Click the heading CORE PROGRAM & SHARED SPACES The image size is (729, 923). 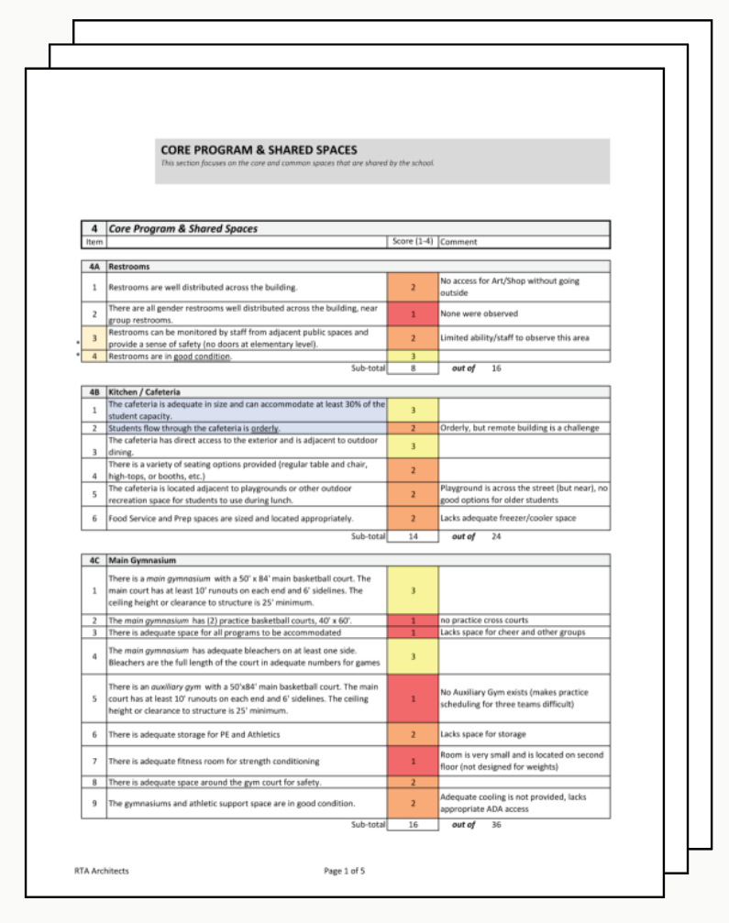(259, 150)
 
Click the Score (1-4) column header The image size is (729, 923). (413, 242)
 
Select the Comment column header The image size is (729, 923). (458, 242)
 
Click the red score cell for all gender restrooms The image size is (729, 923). (413, 313)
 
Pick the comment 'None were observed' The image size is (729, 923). (480, 313)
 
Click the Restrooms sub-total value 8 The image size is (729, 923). (413, 368)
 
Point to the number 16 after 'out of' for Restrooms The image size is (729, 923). (496, 368)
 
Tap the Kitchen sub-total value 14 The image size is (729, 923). (413, 536)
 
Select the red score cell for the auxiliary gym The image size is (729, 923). (413, 698)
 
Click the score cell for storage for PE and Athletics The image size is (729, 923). (413, 734)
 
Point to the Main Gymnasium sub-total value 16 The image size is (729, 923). (413, 824)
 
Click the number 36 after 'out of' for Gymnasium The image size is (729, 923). (496, 824)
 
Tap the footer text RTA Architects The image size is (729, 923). (102, 871)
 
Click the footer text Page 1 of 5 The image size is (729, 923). (345, 871)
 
